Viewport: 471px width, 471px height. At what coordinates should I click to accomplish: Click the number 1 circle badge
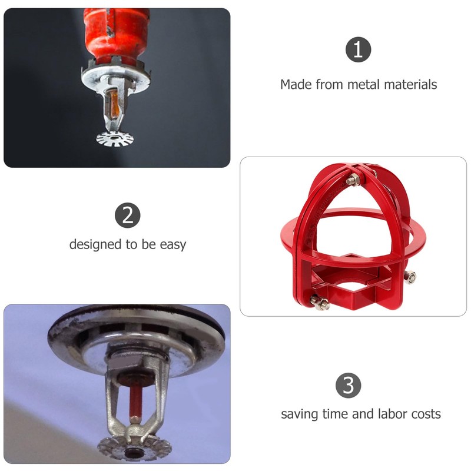coord(358,49)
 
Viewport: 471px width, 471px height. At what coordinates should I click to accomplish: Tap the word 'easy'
coord(173,244)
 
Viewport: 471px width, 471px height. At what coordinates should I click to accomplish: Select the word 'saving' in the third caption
coord(299,414)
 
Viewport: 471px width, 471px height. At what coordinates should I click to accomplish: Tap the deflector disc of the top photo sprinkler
coord(115,139)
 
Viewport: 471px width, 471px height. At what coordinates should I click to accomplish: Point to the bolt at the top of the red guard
coord(351,181)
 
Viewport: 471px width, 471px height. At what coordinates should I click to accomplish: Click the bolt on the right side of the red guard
coord(410,277)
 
